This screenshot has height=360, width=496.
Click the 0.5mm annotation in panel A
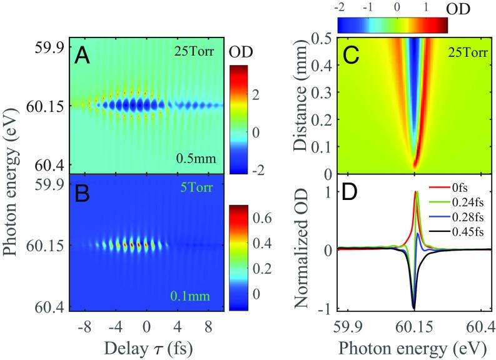[196, 161]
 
